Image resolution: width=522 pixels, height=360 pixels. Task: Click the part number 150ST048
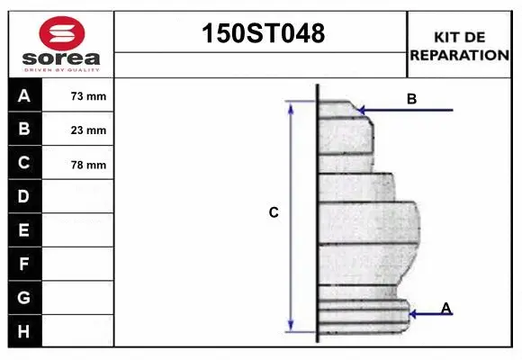point(260,34)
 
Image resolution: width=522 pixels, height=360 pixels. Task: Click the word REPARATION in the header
point(459,54)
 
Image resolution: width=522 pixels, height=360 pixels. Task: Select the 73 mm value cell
point(88,96)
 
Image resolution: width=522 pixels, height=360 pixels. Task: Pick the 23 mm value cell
point(88,130)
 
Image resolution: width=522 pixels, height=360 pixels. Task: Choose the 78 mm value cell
point(88,165)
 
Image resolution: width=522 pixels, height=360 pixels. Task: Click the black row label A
point(24,96)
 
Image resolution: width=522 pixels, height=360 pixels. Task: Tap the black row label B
point(24,130)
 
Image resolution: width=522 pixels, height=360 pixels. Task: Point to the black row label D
point(24,196)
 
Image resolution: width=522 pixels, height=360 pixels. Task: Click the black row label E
point(24,230)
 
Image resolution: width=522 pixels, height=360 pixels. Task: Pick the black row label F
point(24,265)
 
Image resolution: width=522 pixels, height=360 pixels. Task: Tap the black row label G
point(24,297)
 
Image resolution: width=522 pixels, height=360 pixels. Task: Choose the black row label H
point(24,330)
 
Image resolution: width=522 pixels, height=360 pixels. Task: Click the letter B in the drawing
point(411,99)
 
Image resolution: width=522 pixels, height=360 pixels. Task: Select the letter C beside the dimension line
point(274,213)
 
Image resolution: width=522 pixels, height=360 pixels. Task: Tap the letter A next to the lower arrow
point(445,308)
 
